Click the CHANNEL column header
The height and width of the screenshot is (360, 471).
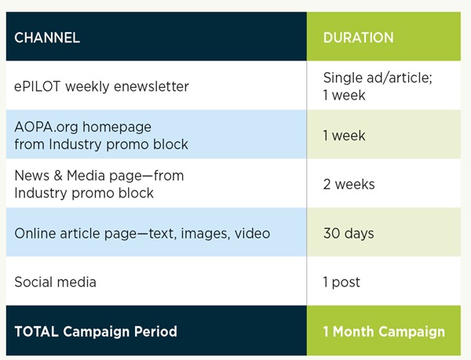pyautogui.click(x=47, y=38)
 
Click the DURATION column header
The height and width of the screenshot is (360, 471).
pyautogui.click(x=359, y=38)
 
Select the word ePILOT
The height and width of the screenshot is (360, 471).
pyautogui.click(x=37, y=87)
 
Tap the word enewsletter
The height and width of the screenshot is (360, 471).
pyautogui.click(x=152, y=87)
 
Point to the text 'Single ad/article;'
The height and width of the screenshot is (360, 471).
pyautogui.click(x=378, y=78)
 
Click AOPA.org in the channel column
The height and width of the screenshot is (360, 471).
pyautogui.click(x=46, y=127)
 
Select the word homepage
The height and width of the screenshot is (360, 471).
pyautogui.click(x=117, y=127)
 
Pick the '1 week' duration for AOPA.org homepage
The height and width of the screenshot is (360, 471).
pyautogui.click(x=345, y=136)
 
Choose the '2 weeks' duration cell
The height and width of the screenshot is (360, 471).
pyautogui.click(x=349, y=184)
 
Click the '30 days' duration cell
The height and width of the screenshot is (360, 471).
pyautogui.click(x=349, y=234)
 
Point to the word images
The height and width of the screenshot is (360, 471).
pyautogui.click(x=206, y=234)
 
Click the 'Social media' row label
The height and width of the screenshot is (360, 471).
pyautogui.click(x=55, y=282)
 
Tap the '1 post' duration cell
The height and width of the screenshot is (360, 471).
pyautogui.click(x=341, y=282)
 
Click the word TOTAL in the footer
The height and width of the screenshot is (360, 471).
pyautogui.click(x=36, y=332)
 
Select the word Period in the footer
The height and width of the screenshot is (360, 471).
pyautogui.click(x=155, y=332)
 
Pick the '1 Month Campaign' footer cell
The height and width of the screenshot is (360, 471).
pyautogui.click(x=384, y=332)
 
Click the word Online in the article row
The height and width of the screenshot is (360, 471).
pyautogui.click(x=35, y=234)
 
